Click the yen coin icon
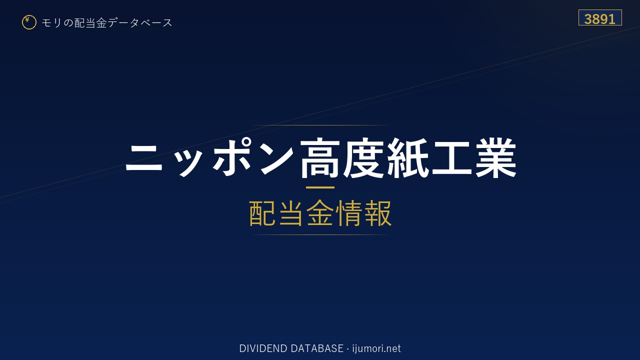point(29,22)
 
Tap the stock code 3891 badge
point(600,17)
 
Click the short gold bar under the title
point(320,187)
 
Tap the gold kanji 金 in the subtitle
point(320,213)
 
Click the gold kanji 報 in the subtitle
point(377,213)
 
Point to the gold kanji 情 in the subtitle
point(349,213)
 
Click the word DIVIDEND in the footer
point(263,348)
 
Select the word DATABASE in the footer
point(317,348)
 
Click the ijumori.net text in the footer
point(376,349)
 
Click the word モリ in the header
point(51,23)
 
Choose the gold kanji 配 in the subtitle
point(262,213)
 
